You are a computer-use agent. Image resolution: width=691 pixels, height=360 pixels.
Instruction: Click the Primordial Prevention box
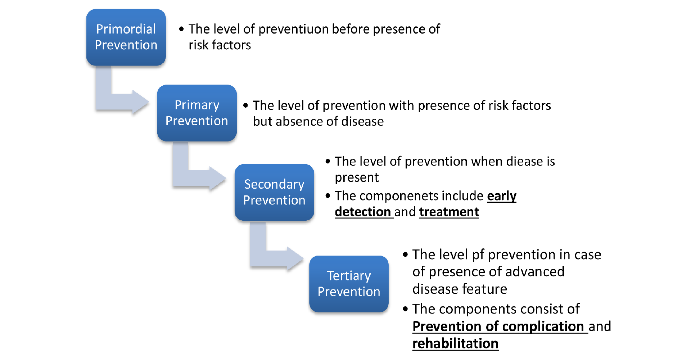click(x=126, y=37)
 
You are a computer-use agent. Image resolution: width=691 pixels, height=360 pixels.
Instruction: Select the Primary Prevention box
click(x=197, y=113)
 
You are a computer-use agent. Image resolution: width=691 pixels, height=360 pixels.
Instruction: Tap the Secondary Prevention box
click(x=274, y=192)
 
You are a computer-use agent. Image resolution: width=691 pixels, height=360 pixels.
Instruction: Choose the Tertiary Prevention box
click(x=349, y=284)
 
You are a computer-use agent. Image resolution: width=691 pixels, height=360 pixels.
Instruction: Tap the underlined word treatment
click(x=449, y=212)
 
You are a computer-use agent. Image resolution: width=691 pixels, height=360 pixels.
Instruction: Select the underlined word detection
click(x=363, y=212)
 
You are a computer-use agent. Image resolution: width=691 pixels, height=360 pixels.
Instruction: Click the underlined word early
click(x=502, y=196)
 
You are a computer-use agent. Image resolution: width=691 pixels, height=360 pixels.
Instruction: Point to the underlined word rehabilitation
click(x=455, y=343)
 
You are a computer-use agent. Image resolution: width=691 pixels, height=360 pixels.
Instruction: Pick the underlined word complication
click(x=543, y=327)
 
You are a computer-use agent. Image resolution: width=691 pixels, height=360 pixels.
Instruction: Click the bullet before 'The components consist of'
click(x=406, y=309)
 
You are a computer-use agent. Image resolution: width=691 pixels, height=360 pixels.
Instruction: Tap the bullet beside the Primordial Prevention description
click(x=181, y=29)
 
